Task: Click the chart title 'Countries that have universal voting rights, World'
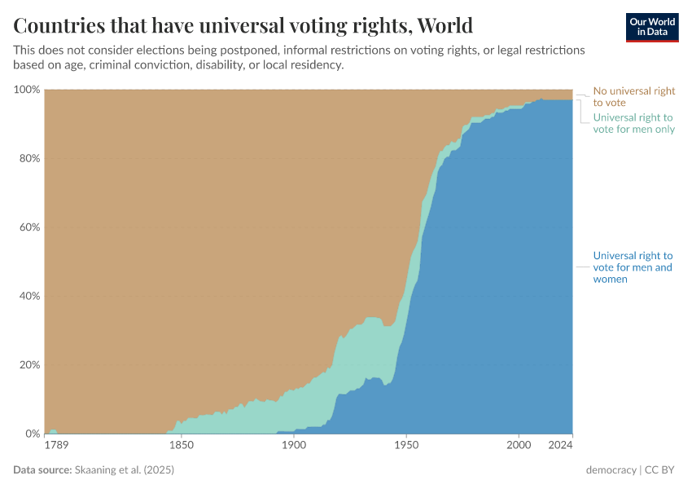243,24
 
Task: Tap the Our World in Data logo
651,27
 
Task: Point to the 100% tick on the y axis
26,90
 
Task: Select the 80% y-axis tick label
28,158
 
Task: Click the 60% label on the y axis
28,227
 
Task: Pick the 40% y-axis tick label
28,296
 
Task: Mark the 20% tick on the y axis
28,365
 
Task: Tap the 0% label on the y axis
31,434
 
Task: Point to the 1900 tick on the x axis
294,446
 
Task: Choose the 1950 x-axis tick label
406,446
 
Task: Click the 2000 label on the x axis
519,446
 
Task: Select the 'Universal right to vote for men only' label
633,123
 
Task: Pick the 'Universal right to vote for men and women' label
633,267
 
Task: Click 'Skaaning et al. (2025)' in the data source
125,470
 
